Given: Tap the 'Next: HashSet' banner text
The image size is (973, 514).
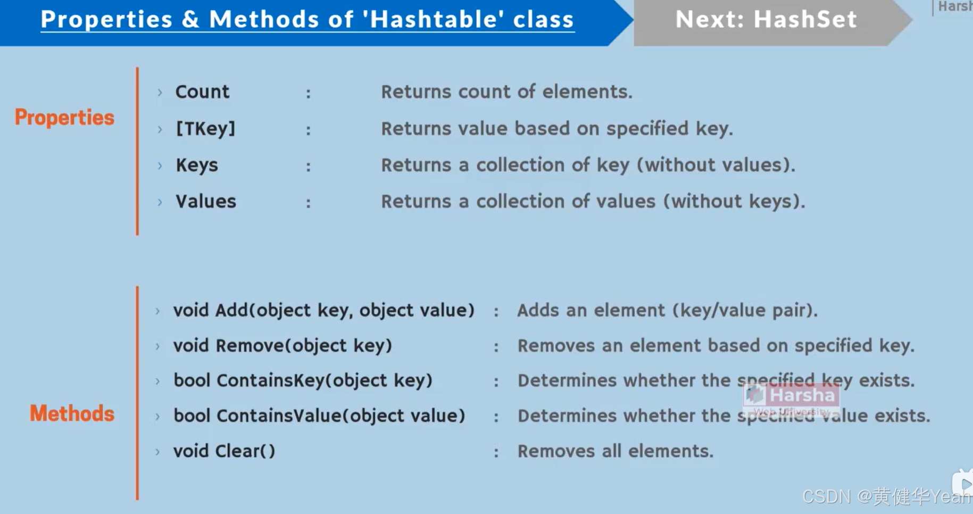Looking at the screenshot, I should [x=766, y=20].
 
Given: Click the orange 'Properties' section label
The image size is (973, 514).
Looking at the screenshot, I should [x=64, y=118].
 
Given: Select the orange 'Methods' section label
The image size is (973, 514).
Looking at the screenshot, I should [x=72, y=413].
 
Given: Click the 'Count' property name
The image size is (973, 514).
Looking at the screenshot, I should [x=202, y=92].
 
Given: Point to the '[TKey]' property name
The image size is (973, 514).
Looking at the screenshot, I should [x=205, y=129].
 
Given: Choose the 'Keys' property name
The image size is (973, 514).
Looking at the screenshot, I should [x=197, y=165].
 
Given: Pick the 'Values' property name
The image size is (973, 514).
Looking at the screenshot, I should [x=206, y=202].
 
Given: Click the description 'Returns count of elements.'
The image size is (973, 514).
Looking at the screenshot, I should [x=506, y=92].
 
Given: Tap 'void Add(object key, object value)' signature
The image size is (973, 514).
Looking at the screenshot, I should [x=323, y=310].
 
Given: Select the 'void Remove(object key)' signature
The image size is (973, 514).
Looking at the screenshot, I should [x=282, y=346].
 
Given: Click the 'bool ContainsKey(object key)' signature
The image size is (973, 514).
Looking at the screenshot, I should [x=303, y=380].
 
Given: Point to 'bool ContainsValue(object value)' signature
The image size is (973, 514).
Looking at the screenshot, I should [x=319, y=416].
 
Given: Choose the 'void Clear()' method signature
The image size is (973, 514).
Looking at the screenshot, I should [x=224, y=451].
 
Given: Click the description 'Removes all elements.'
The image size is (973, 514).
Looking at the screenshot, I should [x=615, y=451].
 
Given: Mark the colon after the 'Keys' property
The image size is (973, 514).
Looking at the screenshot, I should [x=308, y=167].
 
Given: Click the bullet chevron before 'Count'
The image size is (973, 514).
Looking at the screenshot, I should [x=160, y=93].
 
